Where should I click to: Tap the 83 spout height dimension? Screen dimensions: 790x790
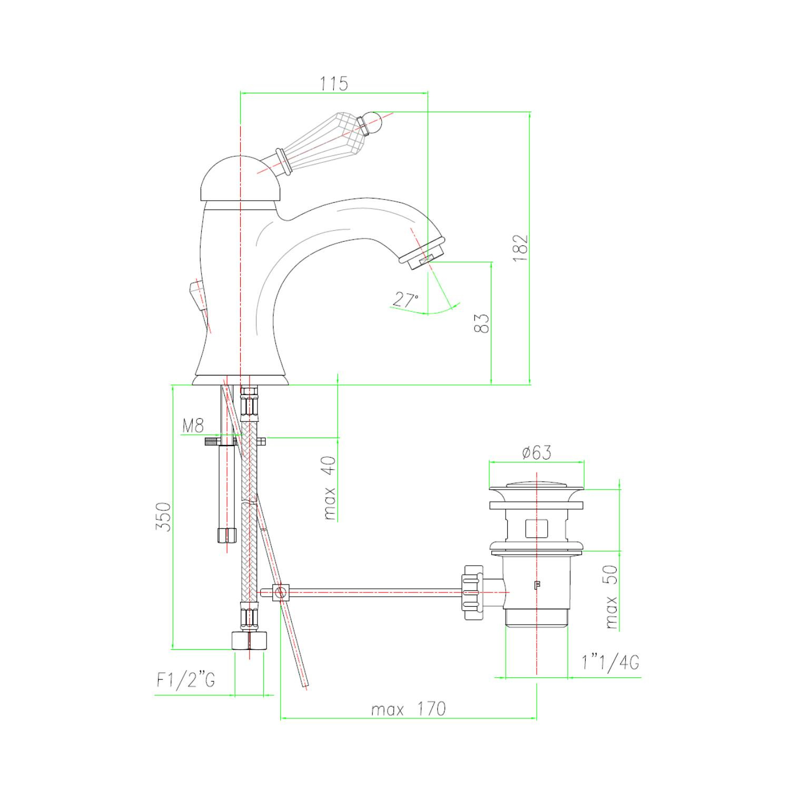point(481,323)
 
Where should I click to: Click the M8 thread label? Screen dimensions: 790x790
point(193,425)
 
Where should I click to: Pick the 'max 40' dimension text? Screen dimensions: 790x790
point(330,488)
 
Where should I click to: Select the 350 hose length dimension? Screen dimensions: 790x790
point(164,517)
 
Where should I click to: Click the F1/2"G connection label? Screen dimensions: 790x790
point(186,680)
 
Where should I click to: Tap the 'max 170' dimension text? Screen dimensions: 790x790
point(408,709)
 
